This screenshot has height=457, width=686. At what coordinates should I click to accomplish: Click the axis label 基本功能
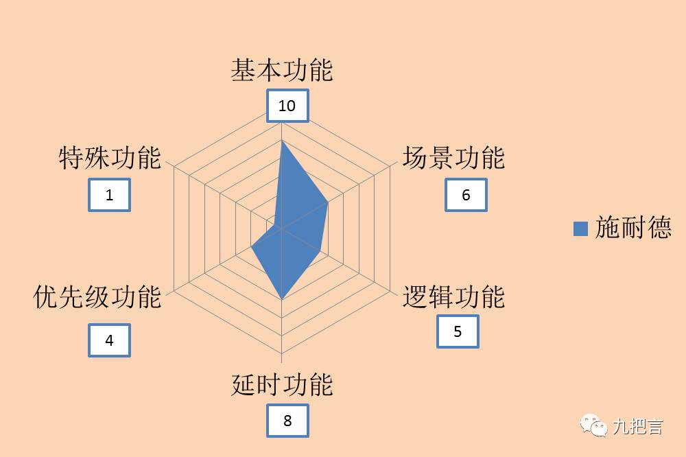pos(281,71)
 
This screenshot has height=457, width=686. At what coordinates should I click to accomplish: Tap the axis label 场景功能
pos(453,158)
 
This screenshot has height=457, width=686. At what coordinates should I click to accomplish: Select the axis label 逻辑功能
pos(453,297)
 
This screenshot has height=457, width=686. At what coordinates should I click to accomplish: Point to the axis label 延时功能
pos(281,385)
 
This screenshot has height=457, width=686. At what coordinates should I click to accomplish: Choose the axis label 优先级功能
pos(97,297)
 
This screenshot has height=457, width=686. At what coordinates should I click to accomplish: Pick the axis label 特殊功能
pos(110,158)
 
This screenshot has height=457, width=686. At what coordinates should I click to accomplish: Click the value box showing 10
pos(287,106)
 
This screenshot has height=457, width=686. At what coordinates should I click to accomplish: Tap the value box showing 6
pos(466,195)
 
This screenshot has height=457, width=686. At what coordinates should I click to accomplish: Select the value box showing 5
pos(458,332)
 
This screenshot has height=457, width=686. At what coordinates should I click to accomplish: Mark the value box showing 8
pos(287,421)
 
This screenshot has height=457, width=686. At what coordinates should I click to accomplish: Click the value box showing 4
pos(109,340)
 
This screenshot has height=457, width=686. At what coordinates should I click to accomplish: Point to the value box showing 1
pos(109,195)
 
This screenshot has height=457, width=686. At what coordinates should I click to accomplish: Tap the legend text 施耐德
pos(633,228)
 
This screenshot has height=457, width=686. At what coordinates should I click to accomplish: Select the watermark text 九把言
pos(638,427)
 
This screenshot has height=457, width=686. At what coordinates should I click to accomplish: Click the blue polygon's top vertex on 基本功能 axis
pos(282,141)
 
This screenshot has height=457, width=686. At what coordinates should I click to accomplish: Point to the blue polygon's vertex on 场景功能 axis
pos(327,203)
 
